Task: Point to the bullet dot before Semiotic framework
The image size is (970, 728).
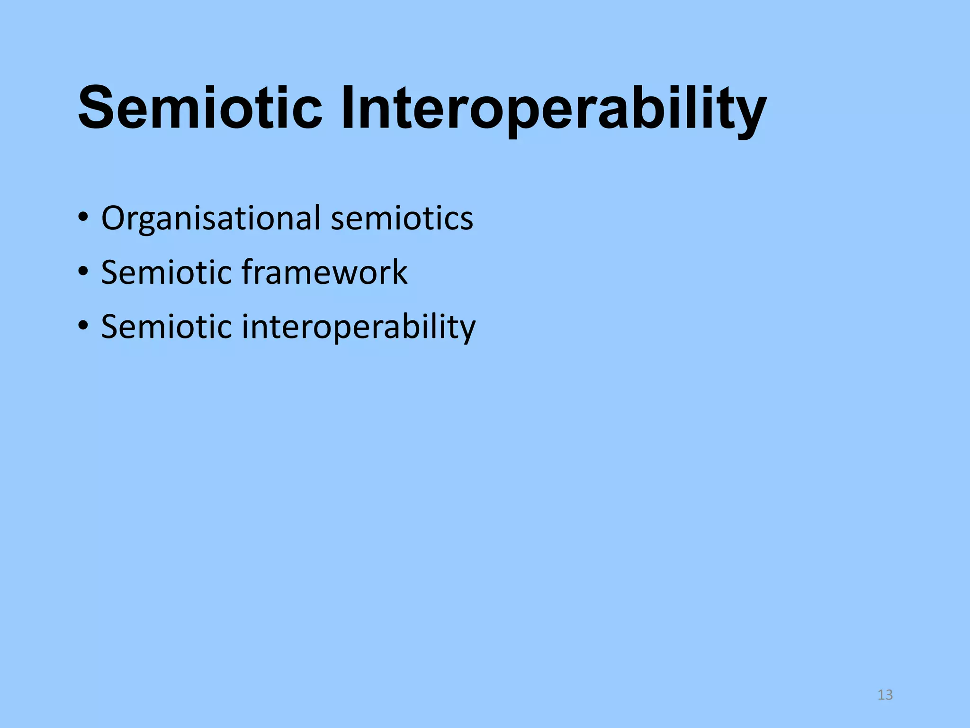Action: point(83,272)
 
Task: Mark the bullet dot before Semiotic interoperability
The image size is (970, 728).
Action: point(83,326)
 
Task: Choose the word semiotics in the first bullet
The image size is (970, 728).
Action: point(402,218)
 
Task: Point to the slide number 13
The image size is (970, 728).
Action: point(885,695)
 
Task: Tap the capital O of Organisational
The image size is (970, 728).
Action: point(114,218)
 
